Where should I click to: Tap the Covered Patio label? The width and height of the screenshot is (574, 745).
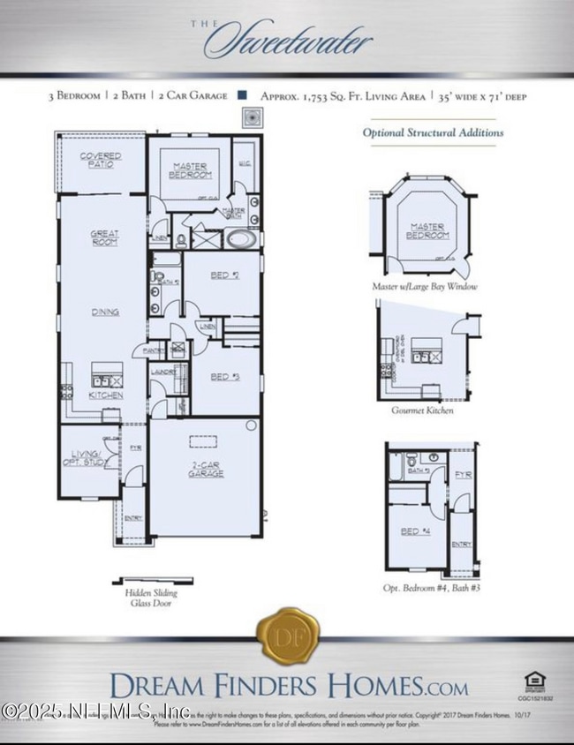pos(101,161)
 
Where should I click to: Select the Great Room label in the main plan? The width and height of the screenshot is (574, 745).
pos(103,237)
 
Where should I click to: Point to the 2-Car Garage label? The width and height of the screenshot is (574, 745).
pos(205,470)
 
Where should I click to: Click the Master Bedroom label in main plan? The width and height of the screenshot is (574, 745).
pos(190,169)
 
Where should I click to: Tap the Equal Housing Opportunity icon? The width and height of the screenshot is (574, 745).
pos(533,681)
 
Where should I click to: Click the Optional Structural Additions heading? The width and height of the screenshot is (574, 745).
pos(434,132)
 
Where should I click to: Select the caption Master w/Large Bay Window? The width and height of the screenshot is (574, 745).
pos(426,287)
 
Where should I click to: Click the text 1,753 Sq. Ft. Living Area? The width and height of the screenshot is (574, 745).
pos(345,95)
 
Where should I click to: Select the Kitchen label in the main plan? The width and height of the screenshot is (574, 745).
pos(105,395)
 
